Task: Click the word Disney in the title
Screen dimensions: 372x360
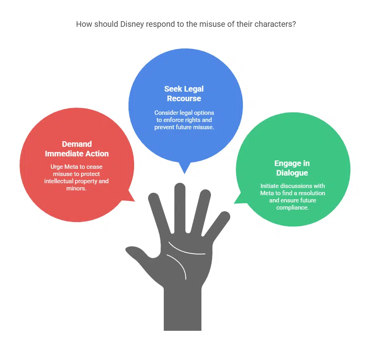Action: pyautogui.click(x=132, y=24)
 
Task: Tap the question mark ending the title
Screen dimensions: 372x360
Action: pyautogui.click(x=294, y=24)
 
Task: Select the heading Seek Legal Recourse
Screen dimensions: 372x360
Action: pyautogui.click(x=184, y=94)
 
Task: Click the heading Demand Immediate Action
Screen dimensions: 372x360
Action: pyautogui.click(x=77, y=149)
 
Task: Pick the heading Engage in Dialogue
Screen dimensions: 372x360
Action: pyautogui.click(x=292, y=168)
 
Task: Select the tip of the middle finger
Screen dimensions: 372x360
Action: pyautogui.click(x=180, y=186)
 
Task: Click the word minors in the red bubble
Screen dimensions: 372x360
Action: pyautogui.click(x=76, y=188)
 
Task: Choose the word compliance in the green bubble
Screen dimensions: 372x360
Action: pyautogui.click(x=292, y=208)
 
